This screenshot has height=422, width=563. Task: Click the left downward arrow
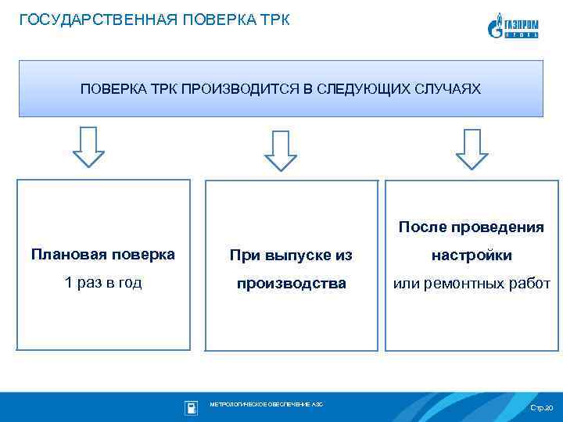[x=88, y=146]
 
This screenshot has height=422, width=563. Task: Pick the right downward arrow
[x=472, y=148]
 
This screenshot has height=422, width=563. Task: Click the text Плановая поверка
[x=103, y=254]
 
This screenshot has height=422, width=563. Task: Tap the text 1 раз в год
[x=103, y=282]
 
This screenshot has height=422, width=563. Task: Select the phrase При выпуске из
[x=291, y=255]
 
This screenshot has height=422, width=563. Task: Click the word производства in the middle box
[x=292, y=283]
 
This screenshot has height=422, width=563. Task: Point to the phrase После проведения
[x=471, y=227]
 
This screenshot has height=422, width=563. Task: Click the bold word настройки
[x=472, y=255]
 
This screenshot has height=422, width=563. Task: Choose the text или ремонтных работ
[x=472, y=283]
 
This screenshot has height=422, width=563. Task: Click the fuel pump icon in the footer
[x=191, y=407]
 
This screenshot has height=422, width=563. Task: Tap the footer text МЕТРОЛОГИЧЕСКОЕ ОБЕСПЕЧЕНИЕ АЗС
[x=266, y=404]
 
